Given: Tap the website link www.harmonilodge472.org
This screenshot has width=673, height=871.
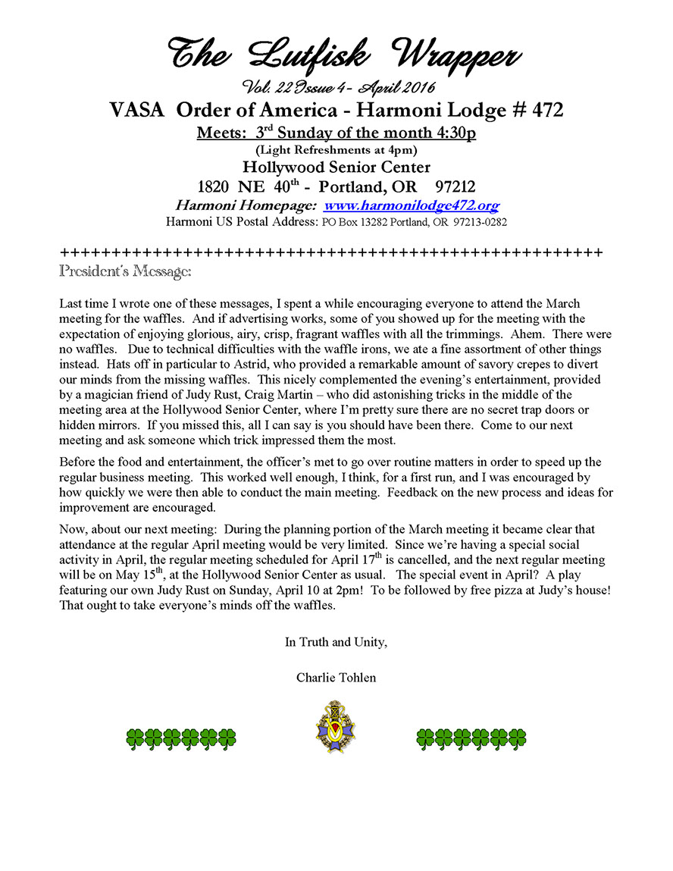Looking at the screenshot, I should click(x=412, y=205).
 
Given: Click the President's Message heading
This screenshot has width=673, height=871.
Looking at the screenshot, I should click(x=125, y=270).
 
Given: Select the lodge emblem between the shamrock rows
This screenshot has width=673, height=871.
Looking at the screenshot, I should click(x=336, y=726).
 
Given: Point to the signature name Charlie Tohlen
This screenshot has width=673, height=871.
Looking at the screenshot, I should click(x=336, y=677).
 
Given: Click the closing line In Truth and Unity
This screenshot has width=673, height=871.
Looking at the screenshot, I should click(x=336, y=642).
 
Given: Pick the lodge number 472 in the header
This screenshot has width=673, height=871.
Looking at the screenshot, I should click(x=540, y=110).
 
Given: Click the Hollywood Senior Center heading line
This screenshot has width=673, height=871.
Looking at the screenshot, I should click(x=336, y=167).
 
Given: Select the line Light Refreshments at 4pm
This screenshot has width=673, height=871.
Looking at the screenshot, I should click(x=336, y=149).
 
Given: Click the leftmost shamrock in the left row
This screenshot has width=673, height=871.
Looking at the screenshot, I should click(x=135, y=739).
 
